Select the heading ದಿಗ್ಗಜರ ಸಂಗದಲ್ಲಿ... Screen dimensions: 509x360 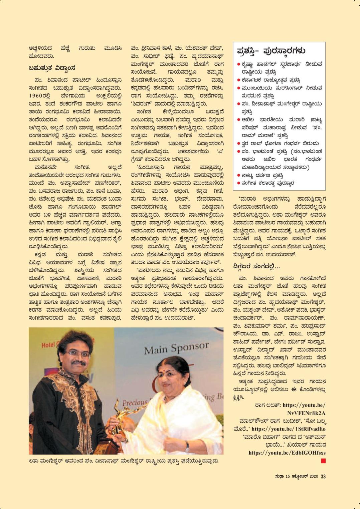[x=256, y=266]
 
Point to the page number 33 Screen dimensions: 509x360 [x=323, y=476]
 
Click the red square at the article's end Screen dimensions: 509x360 [x=323, y=461]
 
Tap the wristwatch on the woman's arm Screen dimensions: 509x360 [x=187, y=446]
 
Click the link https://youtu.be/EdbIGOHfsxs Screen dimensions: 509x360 [x=287, y=453]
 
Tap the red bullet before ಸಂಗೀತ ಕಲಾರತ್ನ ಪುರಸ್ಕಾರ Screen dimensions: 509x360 [x=238, y=183]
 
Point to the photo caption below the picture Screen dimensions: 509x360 [x=124, y=461]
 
